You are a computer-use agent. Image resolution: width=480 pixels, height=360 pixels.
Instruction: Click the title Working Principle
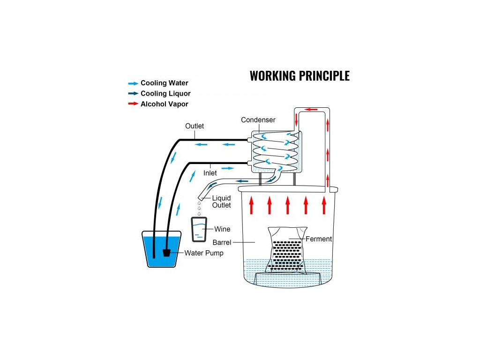(300, 75)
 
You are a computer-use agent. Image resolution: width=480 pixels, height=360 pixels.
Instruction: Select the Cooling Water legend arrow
(133, 83)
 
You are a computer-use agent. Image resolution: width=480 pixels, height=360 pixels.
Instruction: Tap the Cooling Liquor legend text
(165, 94)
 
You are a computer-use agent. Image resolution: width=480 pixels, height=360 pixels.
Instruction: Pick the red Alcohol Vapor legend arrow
(133, 104)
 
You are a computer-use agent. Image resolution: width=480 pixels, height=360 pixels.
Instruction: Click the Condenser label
(258, 120)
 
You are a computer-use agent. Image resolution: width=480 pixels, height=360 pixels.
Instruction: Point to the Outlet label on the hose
(195, 126)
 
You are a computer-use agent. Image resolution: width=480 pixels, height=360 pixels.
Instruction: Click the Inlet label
(210, 173)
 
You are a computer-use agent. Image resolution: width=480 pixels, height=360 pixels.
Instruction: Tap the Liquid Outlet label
(221, 202)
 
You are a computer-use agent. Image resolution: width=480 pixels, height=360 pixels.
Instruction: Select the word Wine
(222, 229)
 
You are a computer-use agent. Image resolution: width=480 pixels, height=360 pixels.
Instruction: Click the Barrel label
(222, 242)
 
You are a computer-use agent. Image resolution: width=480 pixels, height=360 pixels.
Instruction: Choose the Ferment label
(319, 239)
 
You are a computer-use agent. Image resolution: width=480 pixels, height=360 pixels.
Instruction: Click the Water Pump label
(204, 253)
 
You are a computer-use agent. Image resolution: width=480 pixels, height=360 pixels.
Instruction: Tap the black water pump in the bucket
(166, 253)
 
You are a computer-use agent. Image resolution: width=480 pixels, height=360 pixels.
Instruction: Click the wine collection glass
(199, 229)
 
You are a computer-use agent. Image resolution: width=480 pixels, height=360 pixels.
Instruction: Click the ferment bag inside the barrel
(286, 251)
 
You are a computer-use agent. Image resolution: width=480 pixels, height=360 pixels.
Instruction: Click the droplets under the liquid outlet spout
(199, 206)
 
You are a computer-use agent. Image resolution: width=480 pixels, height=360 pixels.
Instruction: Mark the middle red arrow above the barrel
(287, 205)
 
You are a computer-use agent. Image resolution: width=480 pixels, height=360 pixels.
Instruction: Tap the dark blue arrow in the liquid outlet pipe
(242, 180)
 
